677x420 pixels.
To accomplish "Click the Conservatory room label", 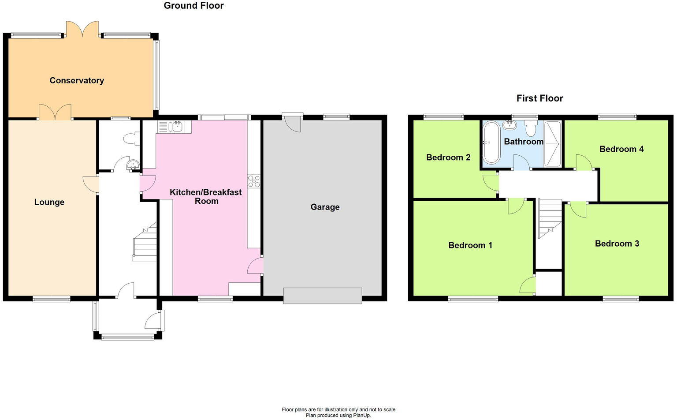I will pyautogui.click(x=77, y=80).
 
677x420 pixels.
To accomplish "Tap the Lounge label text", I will pyautogui.click(x=49, y=202).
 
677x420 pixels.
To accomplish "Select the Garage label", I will pyautogui.click(x=325, y=207).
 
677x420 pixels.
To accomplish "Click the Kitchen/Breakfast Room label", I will pyautogui.click(x=206, y=196).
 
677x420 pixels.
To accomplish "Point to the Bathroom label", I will pyautogui.click(x=523, y=142).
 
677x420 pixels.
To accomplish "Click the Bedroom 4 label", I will pyautogui.click(x=621, y=149).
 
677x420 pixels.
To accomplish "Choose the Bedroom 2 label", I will pyautogui.click(x=448, y=157).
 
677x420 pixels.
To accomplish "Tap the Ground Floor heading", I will pyautogui.click(x=193, y=6).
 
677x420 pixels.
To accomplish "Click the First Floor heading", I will pyautogui.click(x=539, y=98).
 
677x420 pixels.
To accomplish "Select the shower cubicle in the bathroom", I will pyautogui.click(x=553, y=143).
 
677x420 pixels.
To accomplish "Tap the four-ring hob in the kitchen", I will pyautogui.click(x=254, y=181).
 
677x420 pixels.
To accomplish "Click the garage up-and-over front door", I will pyautogui.click(x=322, y=296).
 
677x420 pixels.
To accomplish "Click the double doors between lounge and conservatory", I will pyautogui.click(x=55, y=112).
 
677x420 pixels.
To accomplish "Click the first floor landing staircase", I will pyautogui.click(x=549, y=218).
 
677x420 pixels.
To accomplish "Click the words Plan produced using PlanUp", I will pyautogui.click(x=338, y=415).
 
